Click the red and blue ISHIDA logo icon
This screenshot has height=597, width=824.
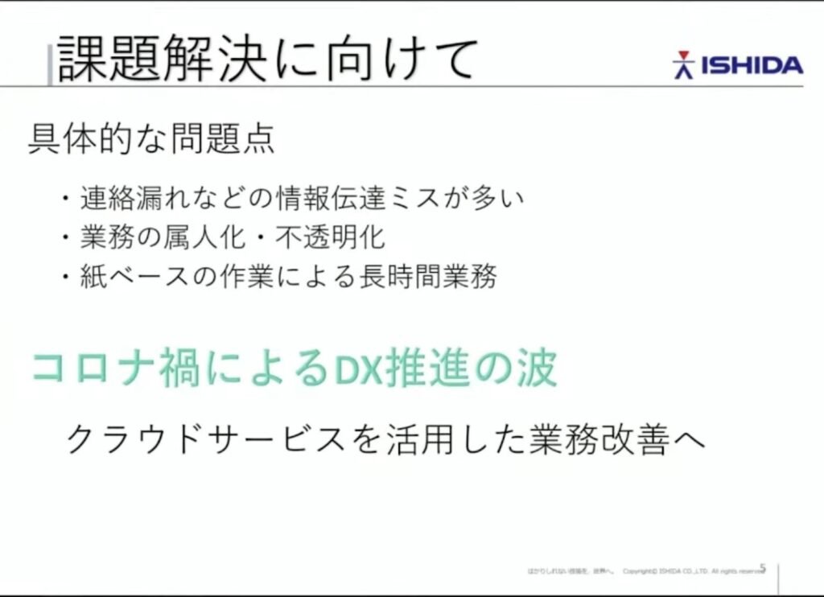pyautogui.click(x=683, y=65)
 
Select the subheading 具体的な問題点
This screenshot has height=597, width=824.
pyautogui.click(x=151, y=139)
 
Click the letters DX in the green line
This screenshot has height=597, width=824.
pyautogui.click(x=351, y=369)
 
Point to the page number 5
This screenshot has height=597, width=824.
pyautogui.click(x=762, y=569)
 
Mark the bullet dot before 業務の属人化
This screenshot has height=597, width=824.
pyautogui.click(x=66, y=238)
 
